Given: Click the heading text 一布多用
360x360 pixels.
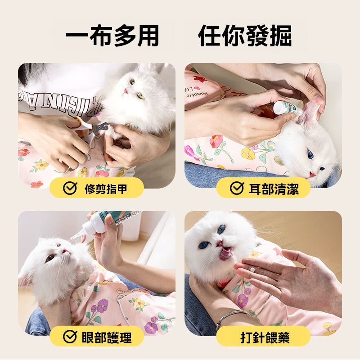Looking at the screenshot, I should [x=112, y=36].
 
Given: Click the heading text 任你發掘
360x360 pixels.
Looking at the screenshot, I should [x=245, y=36].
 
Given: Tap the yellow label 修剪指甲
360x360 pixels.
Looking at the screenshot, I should [x=97, y=188].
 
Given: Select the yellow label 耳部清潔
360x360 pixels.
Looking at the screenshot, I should [x=263, y=188].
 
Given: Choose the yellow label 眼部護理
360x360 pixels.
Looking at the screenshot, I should [x=97, y=337].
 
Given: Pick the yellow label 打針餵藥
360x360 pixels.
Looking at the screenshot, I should [x=263, y=337].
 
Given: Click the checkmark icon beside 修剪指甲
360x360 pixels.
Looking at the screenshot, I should [x=70, y=188].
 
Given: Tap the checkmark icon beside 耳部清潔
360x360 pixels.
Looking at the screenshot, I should [x=237, y=188].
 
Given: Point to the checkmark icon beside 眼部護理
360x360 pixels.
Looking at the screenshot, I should [x=70, y=337].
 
